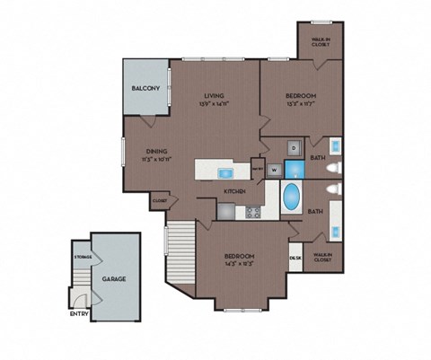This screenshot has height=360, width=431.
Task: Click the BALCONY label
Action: pyautogui.click(x=145, y=88)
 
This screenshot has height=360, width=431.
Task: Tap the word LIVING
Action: pyautogui.click(x=214, y=95)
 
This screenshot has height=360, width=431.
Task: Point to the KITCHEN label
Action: pyautogui.click(x=235, y=192)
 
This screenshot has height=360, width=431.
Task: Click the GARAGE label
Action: pyautogui.click(x=113, y=279)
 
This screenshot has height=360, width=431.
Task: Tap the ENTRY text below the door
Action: pyautogui.click(x=80, y=314)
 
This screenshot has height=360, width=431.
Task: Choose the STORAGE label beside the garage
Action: pyautogui.click(x=81, y=257)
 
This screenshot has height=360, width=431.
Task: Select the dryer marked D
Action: pyautogui.click(x=293, y=147)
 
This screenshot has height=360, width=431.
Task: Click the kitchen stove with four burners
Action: pyautogui.click(x=253, y=213)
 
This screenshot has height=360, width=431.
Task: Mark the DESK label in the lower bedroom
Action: pyautogui.click(x=295, y=258)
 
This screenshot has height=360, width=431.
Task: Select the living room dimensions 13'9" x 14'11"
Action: pyautogui.click(x=214, y=104)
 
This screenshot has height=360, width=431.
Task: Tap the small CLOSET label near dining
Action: pyautogui.click(x=159, y=201)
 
